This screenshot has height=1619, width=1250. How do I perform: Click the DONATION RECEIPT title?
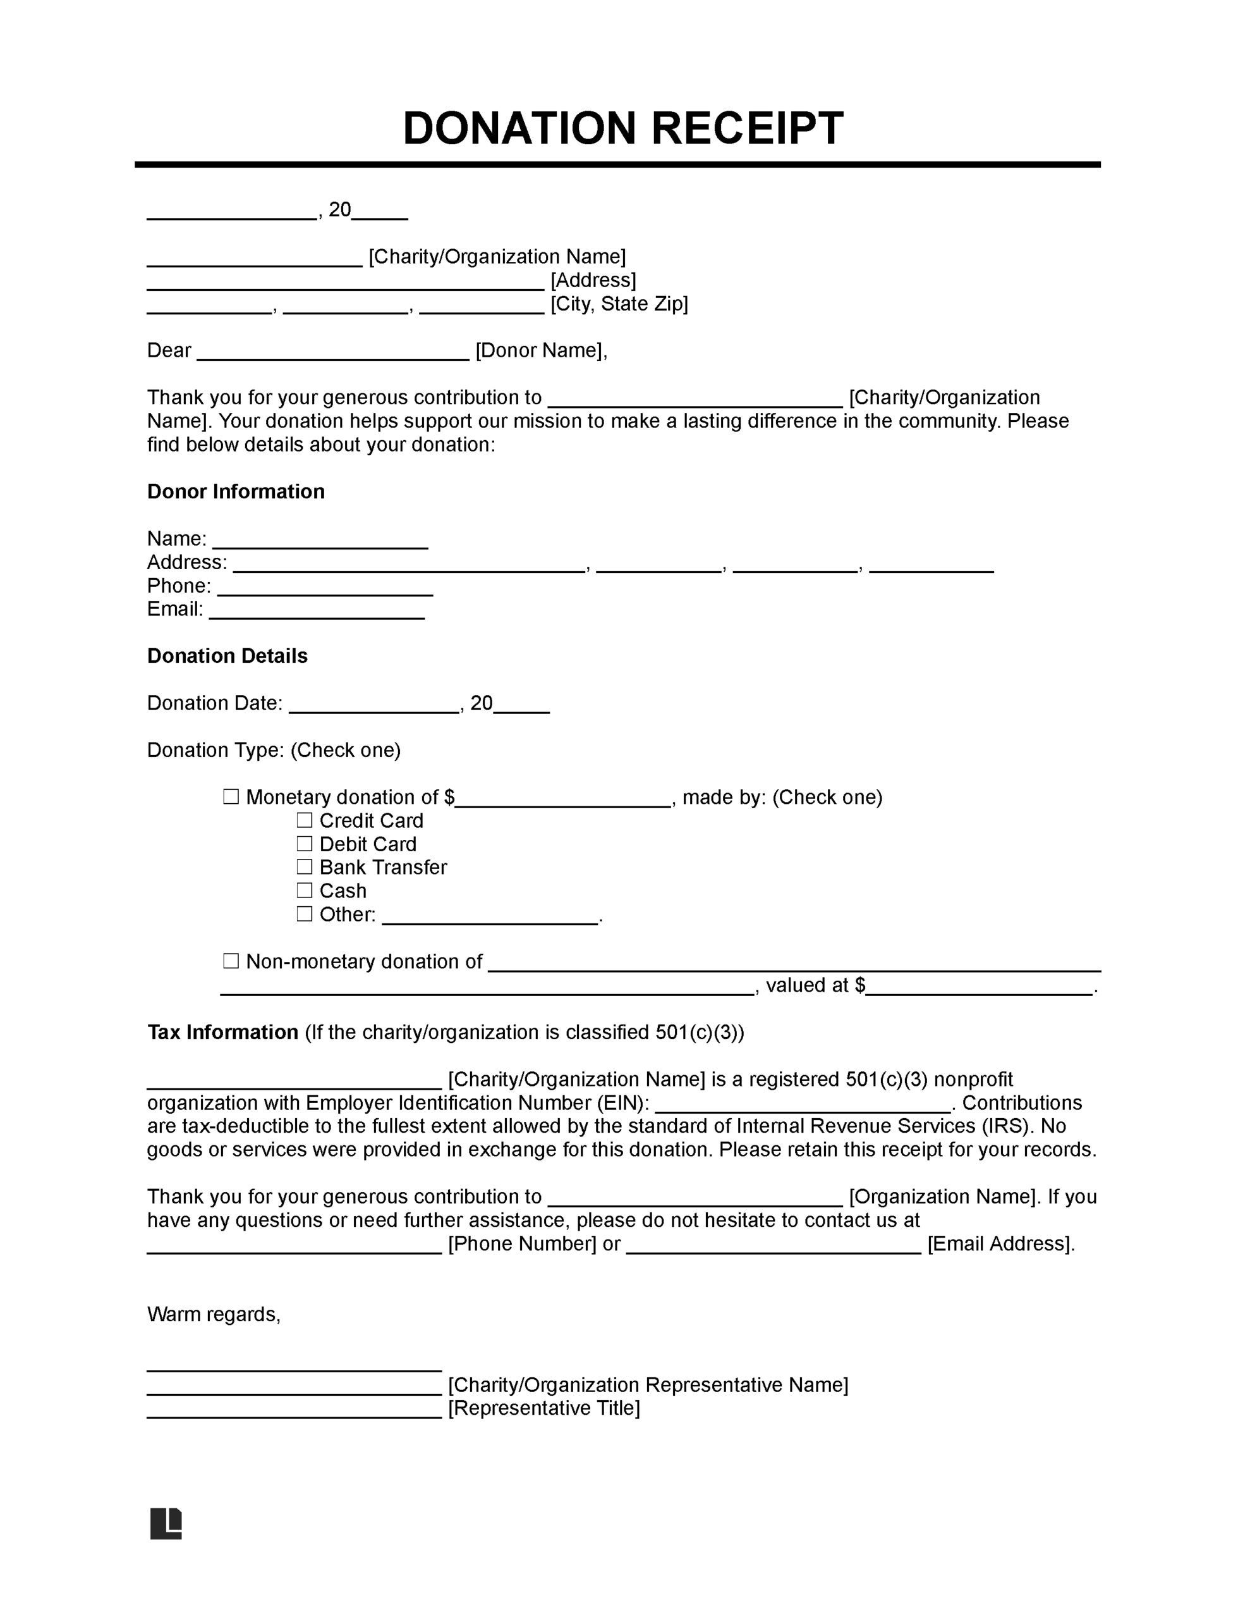coord(622,128)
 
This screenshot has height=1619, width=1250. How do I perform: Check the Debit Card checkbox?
coord(305,844)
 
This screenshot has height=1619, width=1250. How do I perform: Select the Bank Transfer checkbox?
coord(305,866)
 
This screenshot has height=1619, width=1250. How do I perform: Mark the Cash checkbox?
coord(305,890)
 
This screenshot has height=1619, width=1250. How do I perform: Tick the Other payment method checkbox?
coord(305,914)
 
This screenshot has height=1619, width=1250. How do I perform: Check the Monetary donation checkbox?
coord(231,797)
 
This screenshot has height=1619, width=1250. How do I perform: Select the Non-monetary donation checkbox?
coord(231,961)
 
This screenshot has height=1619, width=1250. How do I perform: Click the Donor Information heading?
coord(236,491)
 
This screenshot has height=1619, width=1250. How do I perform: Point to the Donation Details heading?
coord(227,656)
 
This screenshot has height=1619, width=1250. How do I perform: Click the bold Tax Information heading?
coord(222,1032)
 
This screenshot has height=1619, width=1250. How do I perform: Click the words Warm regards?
coord(214,1314)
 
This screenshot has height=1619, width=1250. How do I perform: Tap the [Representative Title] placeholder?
coord(545,1408)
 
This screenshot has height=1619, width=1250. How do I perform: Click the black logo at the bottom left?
coord(166,1524)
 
